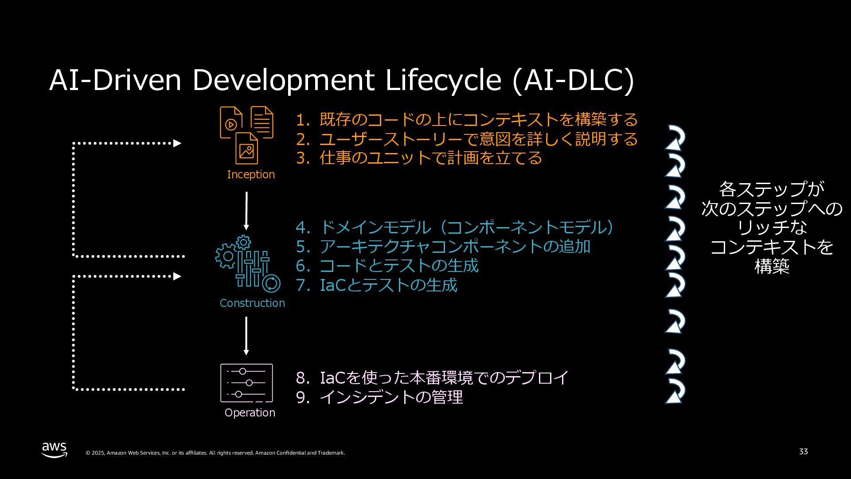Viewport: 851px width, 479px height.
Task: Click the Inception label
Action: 251,175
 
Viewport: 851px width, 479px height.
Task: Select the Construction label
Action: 252,303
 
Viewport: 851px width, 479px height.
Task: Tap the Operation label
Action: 250,413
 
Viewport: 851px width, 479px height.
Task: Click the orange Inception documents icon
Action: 246,135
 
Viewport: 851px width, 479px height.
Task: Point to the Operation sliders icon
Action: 246,383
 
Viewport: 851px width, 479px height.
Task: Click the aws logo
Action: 55,450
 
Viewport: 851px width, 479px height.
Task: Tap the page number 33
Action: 803,452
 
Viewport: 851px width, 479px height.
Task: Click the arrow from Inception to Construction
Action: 246,211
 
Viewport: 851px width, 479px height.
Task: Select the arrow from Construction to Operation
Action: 246,336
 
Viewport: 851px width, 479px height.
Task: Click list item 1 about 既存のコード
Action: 467,120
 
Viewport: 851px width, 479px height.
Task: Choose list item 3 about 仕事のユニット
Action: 419,158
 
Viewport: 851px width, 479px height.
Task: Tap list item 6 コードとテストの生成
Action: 387,266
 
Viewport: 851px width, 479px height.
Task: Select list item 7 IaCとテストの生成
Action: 376,285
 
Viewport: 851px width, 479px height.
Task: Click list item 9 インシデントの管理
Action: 379,397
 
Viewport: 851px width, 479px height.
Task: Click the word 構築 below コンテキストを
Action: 772,267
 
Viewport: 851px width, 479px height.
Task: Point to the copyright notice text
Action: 215,453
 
